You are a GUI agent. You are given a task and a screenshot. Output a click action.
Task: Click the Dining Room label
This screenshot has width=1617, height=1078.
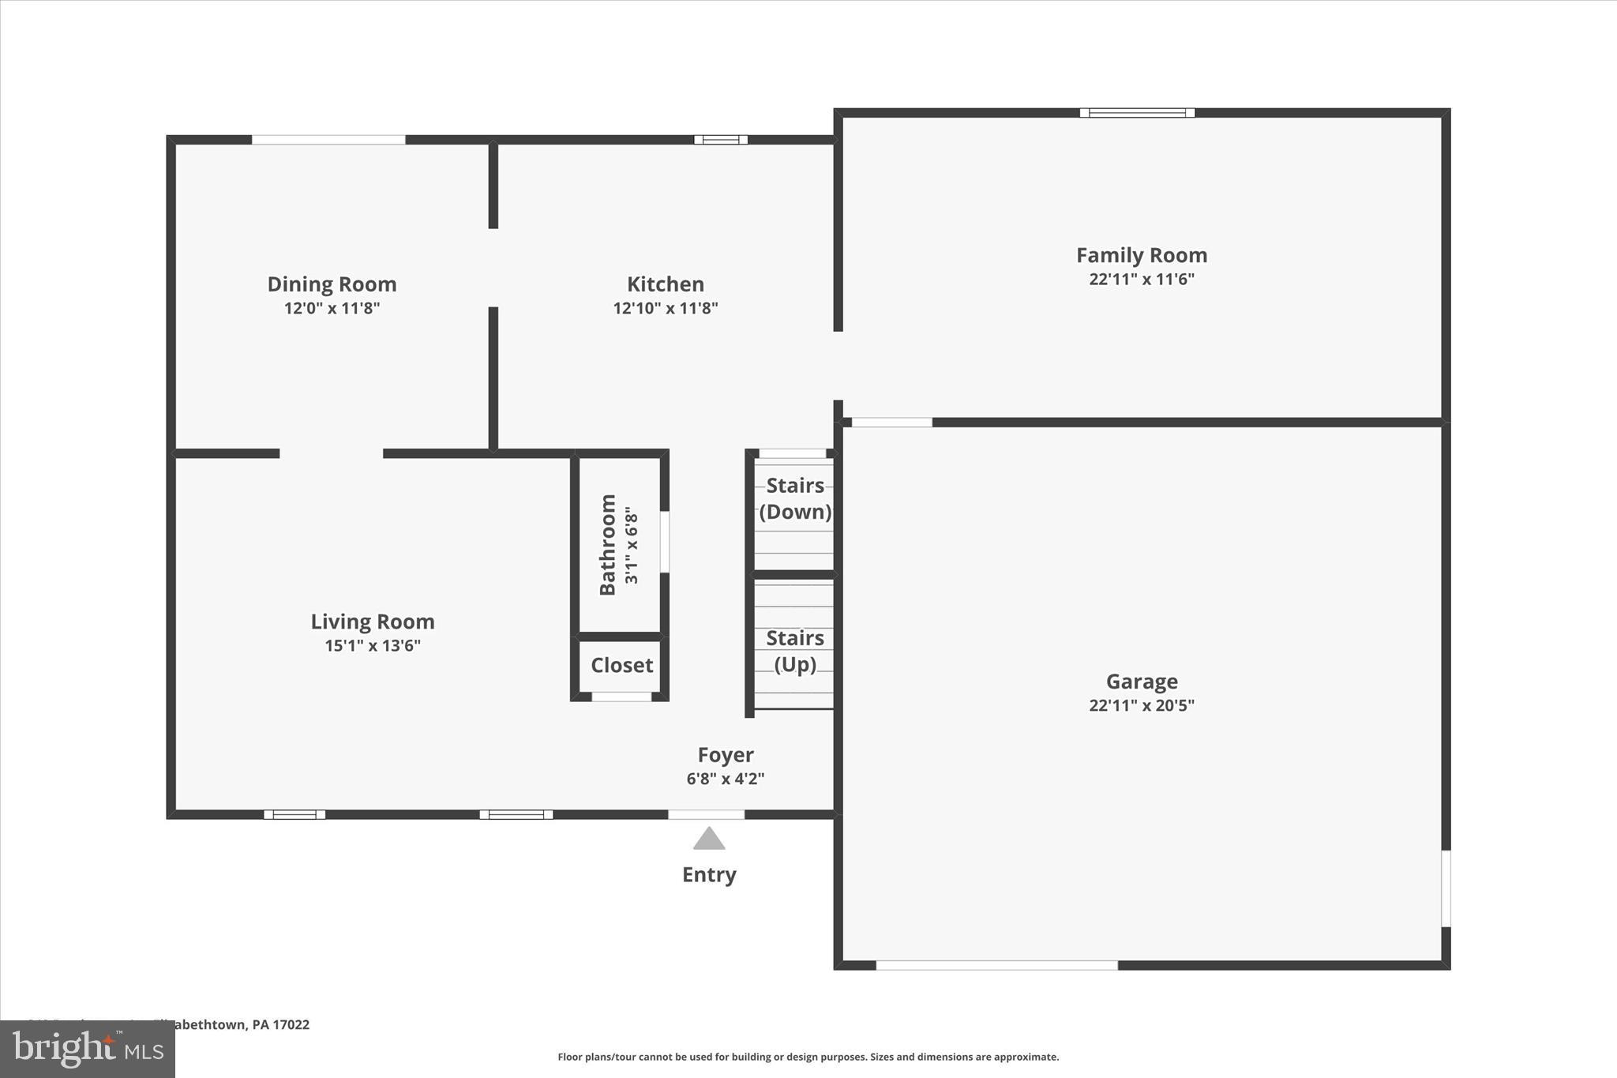click(332, 284)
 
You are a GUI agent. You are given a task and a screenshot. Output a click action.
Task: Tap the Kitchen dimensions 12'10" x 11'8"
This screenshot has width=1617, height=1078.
click(666, 308)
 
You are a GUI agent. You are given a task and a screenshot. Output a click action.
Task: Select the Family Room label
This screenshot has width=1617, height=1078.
click(1142, 255)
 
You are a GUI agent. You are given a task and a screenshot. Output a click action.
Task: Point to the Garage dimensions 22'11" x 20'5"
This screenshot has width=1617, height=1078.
click(1142, 705)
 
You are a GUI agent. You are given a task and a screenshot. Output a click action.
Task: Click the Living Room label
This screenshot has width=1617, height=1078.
click(372, 622)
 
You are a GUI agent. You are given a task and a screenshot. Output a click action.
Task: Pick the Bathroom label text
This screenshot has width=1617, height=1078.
click(607, 544)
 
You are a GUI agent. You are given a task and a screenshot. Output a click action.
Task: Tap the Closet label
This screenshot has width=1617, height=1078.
click(621, 665)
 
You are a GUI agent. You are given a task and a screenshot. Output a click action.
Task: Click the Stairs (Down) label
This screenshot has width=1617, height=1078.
click(795, 498)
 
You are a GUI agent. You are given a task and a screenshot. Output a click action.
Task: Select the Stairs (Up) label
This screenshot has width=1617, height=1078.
click(795, 651)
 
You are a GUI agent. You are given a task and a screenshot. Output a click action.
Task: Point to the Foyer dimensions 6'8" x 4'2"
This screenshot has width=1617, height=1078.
click(726, 779)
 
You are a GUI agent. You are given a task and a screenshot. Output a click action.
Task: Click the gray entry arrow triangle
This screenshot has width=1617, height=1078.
click(709, 839)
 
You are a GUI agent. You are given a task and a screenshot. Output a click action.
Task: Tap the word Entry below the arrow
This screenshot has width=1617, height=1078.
click(709, 874)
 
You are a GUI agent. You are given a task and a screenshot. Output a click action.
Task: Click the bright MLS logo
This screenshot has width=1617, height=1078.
click(88, 1049)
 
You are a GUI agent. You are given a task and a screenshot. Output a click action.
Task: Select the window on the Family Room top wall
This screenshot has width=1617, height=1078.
click(1137, 113)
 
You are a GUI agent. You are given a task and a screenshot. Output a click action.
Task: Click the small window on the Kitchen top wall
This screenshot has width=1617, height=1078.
click(721, 140)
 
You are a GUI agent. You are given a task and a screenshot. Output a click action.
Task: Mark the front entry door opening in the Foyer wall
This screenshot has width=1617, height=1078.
click(706, 814)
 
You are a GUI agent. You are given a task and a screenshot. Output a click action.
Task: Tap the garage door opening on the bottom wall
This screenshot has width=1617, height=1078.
click(996, 965)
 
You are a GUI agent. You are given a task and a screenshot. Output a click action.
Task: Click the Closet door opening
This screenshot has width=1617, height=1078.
click(621, 697)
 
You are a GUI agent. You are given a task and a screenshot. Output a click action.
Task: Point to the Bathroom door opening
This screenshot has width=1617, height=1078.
click(665, 542)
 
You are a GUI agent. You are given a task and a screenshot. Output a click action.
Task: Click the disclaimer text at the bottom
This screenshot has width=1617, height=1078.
click(808, 1057)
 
